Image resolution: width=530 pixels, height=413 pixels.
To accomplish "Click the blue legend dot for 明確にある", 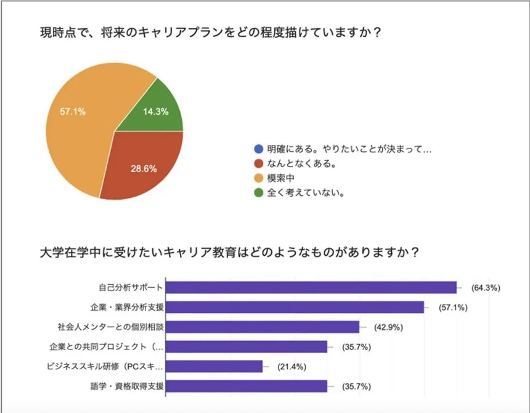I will (x=258, y=149).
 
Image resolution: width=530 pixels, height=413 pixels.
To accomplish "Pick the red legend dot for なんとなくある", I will (x=258, y=163).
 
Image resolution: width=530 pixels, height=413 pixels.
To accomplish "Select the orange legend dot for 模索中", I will (x=258, y=178).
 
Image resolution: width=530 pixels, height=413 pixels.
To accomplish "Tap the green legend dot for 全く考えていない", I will (x=258, y=192).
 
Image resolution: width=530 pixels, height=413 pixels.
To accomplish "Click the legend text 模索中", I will (x=279, y=178).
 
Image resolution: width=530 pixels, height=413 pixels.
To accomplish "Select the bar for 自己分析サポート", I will (x=311, y=287).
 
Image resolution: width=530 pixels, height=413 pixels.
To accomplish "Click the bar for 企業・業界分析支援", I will (x=295, y=307).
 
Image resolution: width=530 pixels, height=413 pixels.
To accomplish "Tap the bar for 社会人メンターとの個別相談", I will (x=263, y=327).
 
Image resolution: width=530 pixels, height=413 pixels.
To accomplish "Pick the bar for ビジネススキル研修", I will (x=214, y=367).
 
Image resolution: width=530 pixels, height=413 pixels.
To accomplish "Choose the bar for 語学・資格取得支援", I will (x=247, y=386).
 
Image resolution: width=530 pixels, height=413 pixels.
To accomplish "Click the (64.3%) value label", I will (x=486, y=287).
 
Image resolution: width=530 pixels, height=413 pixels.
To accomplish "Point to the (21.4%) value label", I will (x=292, y=367).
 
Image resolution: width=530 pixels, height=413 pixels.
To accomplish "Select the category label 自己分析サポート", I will (x=131, y=287).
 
